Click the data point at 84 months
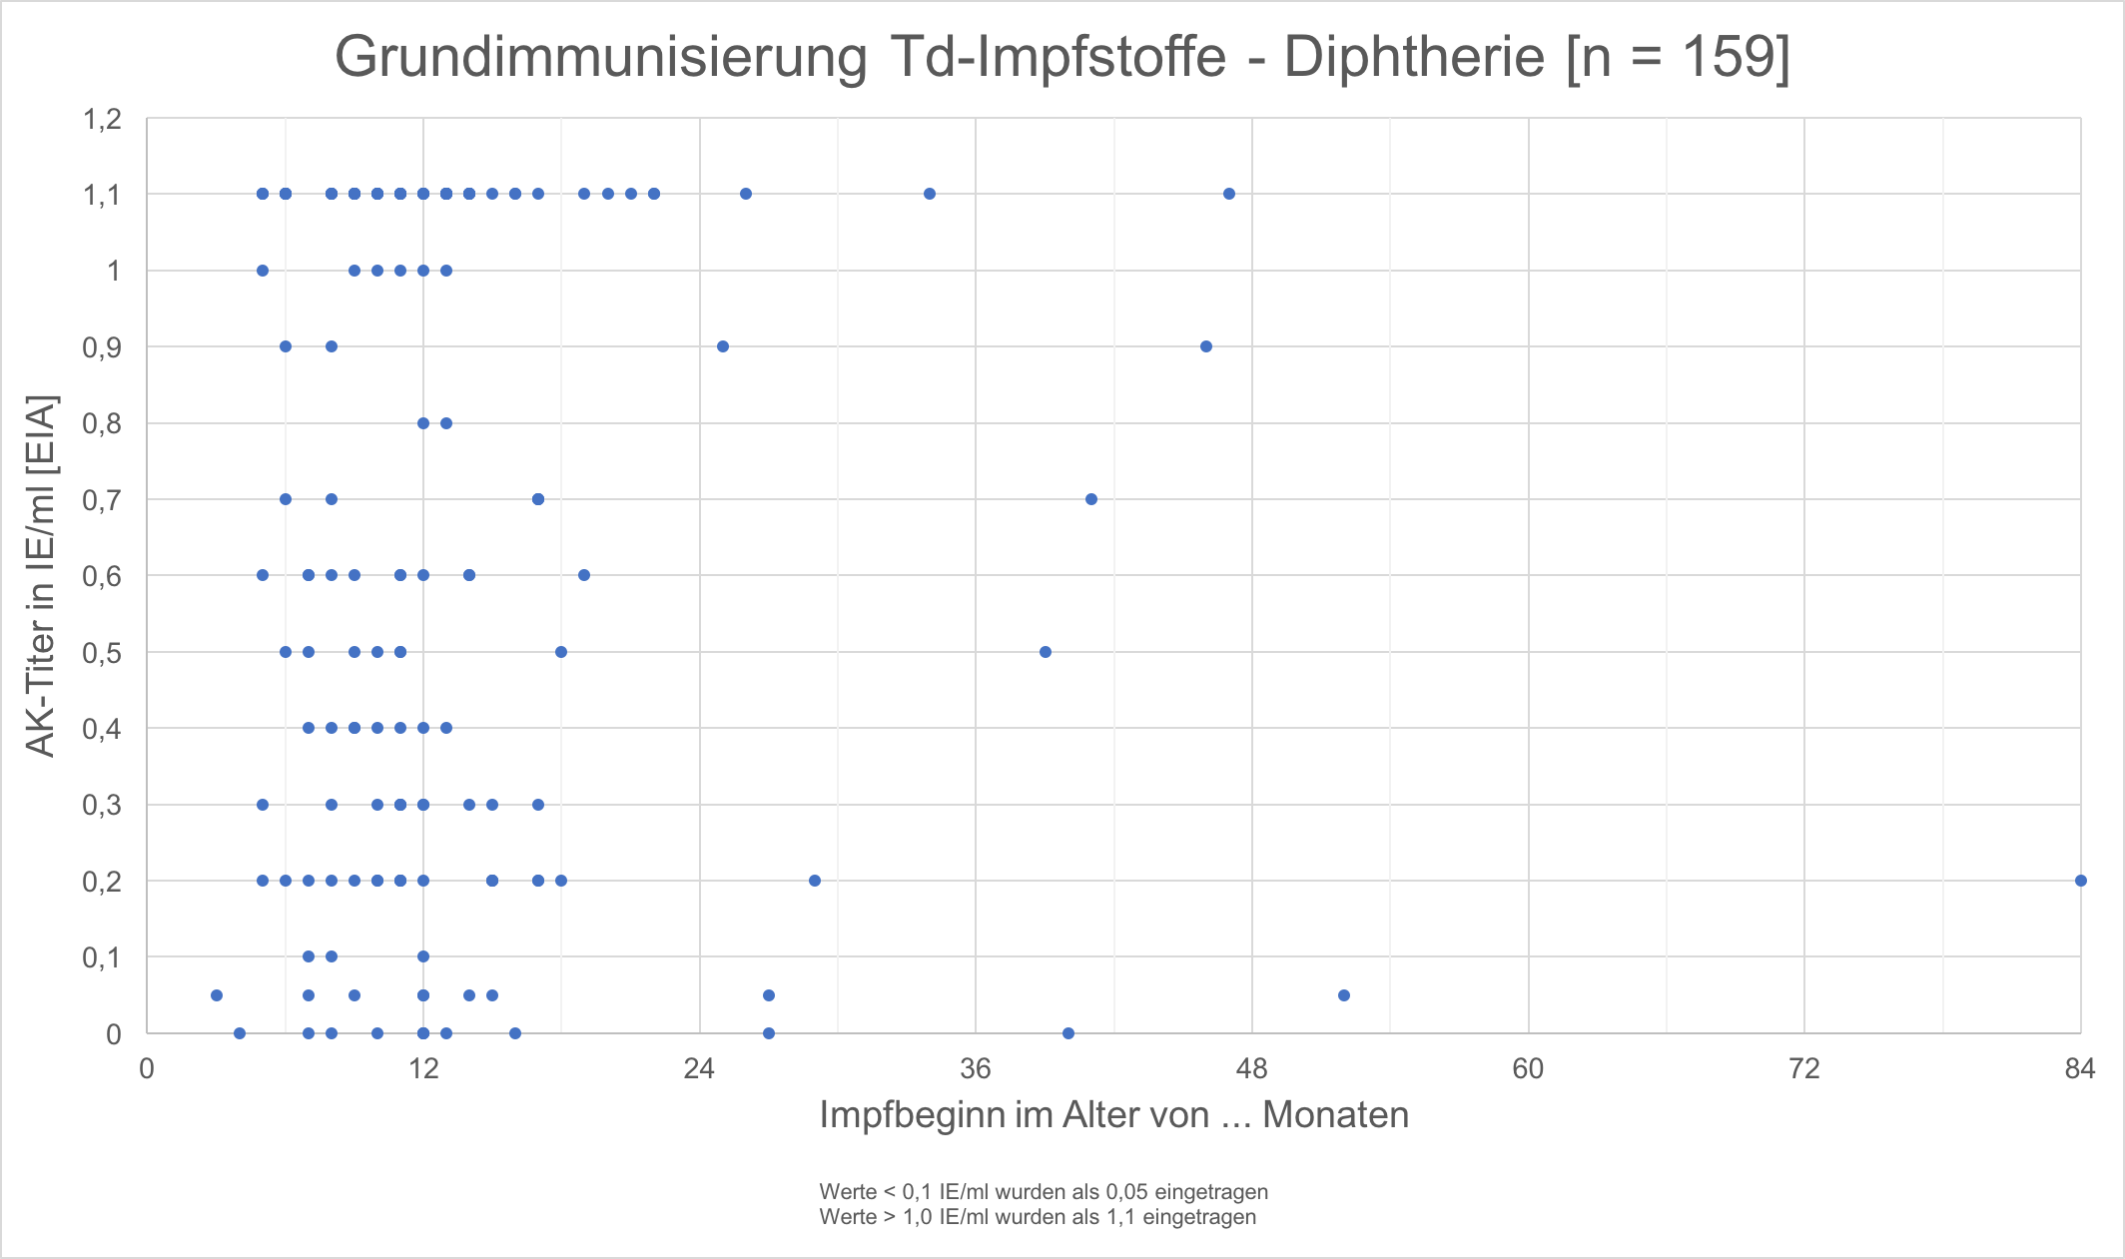pyautogui.click(x=2080, y=881)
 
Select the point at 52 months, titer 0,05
pyautogui.click(x=1344, y=995)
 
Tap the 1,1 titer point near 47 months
pyautogui.click(x=1229, y=194)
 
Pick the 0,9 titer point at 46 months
pyautogui.click(x=1206, y=346)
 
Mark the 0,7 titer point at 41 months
pyautogui.click(x=1091, y=499)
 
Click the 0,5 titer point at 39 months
pyautogui.click(x=1046, y=652)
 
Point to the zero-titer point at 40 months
pyautogui.click(x=1068, y=1033)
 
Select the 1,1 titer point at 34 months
pyautogui.click(x=930, y=194)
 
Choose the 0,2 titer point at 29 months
pyautogui.click(x=815, y=881)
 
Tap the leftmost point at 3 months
pyautogui.click(x=217, y=995)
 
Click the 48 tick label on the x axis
pyautogui.click(x=1252, y=1069)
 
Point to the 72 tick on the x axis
pyautogui.click(x=1804, y=1069)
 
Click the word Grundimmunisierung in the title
pyautogui.click(x=601, y=57)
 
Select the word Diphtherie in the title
pyautogui.click(x=1416, y=57)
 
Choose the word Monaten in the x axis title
pyautogui.click(x=1335, y=1115)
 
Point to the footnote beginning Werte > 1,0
pyautogui.click(x=1038, y=1217)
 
